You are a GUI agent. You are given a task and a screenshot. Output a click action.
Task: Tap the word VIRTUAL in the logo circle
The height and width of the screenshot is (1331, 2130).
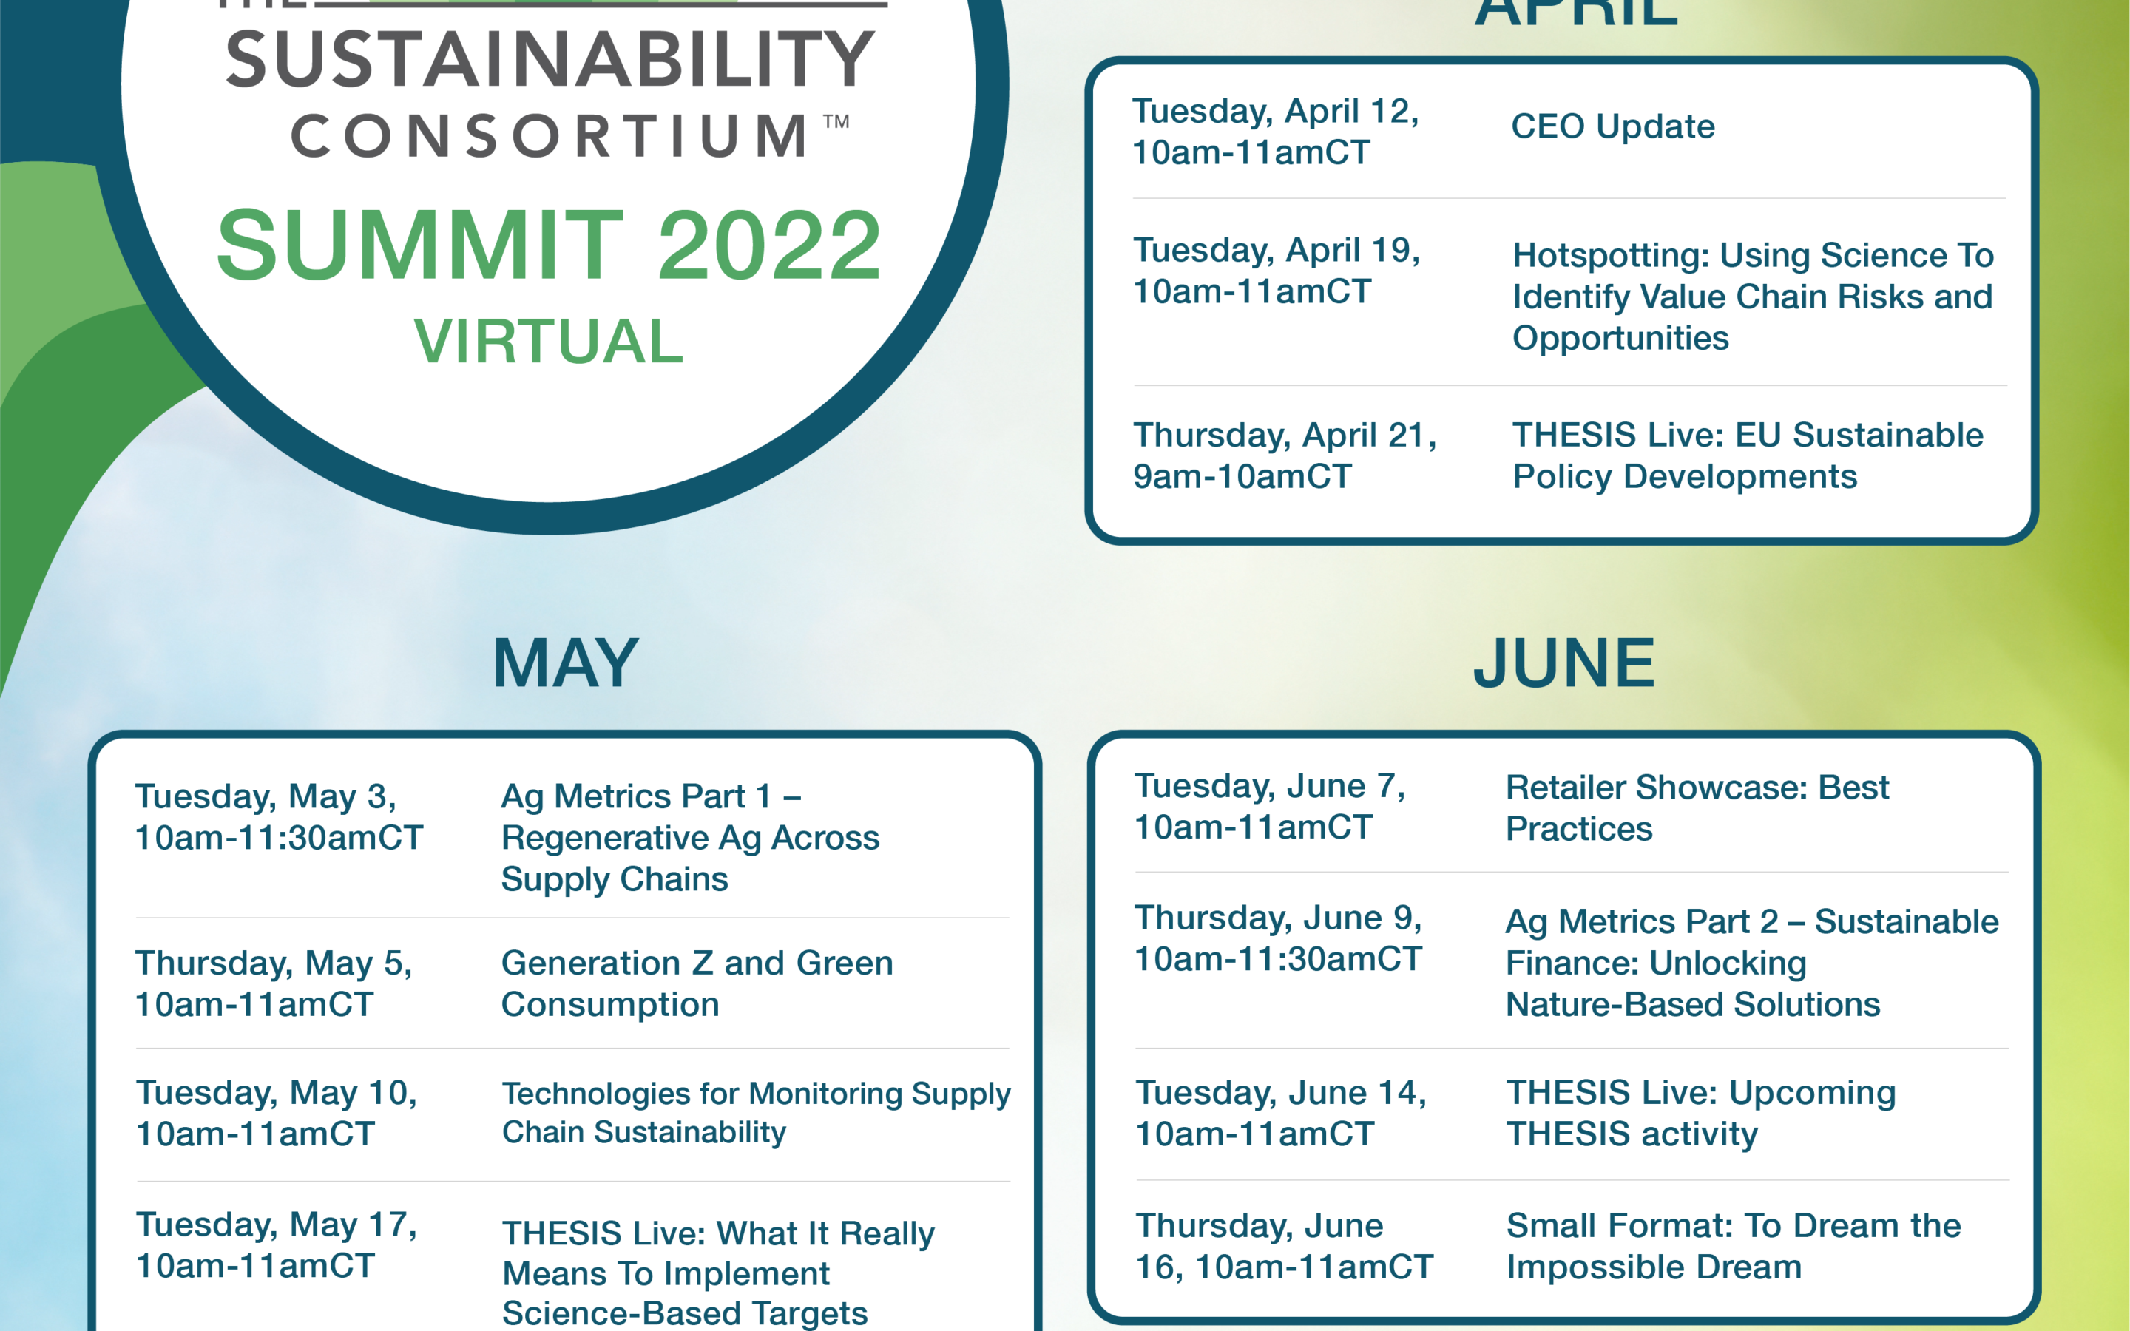[x=548, y=341]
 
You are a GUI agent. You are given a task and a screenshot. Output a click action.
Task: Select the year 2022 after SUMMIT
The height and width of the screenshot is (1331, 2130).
[x=769, y=245]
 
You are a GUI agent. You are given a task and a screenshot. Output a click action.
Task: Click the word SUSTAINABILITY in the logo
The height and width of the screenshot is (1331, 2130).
[x=550, y=59]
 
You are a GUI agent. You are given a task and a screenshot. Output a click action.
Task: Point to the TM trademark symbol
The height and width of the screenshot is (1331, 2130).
[x=836, y=121]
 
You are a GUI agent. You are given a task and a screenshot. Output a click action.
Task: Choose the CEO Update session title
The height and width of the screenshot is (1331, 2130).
[x=1612, y=126]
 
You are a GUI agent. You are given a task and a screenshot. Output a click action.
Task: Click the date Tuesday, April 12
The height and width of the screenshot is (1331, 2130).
[x=1275, y=112]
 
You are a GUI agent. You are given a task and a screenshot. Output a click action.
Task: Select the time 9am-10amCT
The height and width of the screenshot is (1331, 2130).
[x=1242, y=476]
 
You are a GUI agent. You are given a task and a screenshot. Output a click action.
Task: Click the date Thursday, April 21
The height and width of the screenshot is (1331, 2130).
[x=1284, y=436]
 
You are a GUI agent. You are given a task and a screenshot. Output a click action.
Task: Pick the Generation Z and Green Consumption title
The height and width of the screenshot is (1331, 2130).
[x=697, y=983]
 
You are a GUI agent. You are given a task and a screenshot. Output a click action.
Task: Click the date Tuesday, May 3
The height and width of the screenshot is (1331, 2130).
[x=266, y=796]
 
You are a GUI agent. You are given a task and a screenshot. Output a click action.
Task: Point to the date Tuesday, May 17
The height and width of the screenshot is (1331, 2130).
[x=277, y=1225]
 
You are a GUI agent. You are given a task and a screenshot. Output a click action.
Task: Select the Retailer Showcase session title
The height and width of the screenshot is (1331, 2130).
[x=1697, y=808]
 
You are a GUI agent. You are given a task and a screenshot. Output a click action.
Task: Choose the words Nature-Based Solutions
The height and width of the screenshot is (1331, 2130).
[x=1693, y=1004]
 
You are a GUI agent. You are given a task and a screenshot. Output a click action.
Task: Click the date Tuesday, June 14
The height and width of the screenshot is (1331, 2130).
[x=1281, y=1092]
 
